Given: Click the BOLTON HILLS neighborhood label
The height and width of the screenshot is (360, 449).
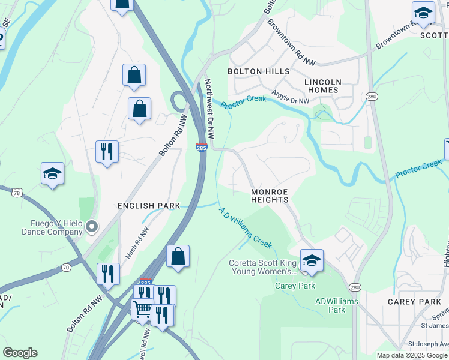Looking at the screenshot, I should [258, 71].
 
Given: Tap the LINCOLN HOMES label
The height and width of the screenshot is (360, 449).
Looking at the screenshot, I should [323, 86].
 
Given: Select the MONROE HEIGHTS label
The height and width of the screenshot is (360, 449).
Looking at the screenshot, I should [270, 196].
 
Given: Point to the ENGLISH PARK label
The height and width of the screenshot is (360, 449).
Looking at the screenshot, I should [149, 206].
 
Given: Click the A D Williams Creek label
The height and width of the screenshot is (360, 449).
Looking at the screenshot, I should [245, 228].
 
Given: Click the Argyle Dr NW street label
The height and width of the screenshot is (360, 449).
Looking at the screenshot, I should [290, 97].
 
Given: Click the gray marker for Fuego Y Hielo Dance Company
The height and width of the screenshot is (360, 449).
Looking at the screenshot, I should [91, 226].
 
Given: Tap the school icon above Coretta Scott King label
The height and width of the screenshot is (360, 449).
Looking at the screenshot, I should [312, 260].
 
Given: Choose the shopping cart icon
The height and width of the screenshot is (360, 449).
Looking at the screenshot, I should [143, 310].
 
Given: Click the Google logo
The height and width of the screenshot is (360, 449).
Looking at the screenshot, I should [20, 353].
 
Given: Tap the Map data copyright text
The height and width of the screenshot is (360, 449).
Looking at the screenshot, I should [411, 355].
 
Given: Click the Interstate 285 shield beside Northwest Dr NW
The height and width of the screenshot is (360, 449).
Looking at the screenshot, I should [202, 148].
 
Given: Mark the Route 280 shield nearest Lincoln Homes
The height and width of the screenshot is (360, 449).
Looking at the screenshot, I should [373, 96].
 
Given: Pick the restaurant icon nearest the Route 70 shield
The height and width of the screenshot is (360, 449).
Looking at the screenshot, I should [108, 274].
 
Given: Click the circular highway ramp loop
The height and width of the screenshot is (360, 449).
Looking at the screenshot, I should [179, 101].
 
